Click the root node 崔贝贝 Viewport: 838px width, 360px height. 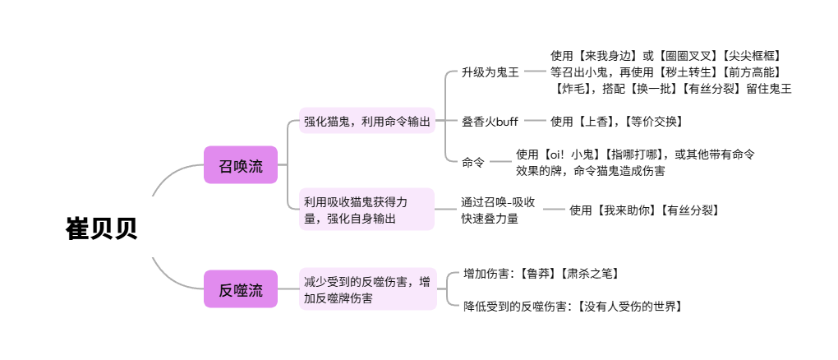click(101, 228)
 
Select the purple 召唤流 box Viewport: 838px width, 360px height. click(241, 166)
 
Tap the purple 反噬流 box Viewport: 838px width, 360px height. click(241, 289)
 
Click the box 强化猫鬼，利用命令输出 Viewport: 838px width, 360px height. click(366, 121)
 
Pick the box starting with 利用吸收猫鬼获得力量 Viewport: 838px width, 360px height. click(366, 210)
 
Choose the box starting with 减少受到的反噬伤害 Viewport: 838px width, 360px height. click(366, 289)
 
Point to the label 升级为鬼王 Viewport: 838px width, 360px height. click(490, 72)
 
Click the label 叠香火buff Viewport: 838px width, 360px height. click(490, 121)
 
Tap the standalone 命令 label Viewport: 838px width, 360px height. click(473, 162)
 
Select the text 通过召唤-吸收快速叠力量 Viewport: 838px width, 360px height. click(498, 210)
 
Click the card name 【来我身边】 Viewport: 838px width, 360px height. click(606, 56)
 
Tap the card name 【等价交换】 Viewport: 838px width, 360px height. click(652, 121)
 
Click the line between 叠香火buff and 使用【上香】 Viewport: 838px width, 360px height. click(535, 121)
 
